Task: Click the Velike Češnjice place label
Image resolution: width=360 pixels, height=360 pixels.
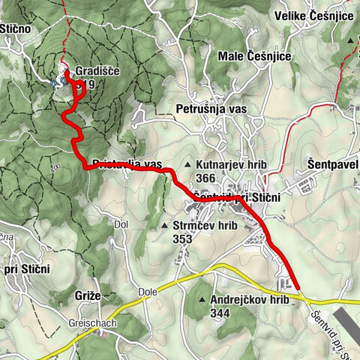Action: click(x=315, y=16)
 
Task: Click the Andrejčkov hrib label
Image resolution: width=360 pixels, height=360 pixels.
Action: click(x=250, y=300)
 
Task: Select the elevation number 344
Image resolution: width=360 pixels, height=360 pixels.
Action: click(x=220, y=313)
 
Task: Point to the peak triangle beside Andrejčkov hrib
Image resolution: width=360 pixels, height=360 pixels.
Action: click(x=202, y=301)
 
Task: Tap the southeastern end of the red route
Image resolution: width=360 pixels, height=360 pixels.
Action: click(x=298, y=286)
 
